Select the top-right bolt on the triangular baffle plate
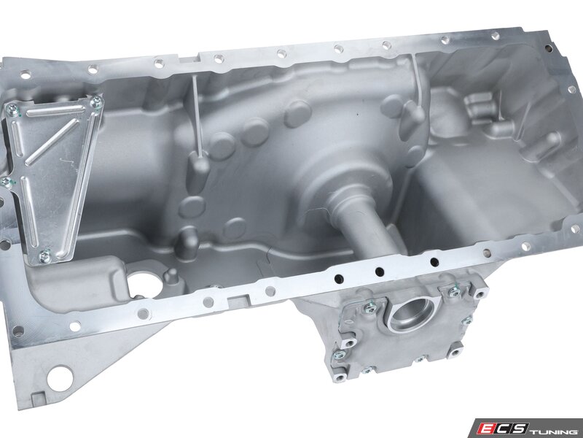click(96, 101)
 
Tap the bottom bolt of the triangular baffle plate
click(44, 255)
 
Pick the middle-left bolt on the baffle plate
click(7, 182)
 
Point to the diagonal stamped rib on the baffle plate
click(52, 142)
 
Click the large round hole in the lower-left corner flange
click(60, 379)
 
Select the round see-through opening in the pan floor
click(145, 284)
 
